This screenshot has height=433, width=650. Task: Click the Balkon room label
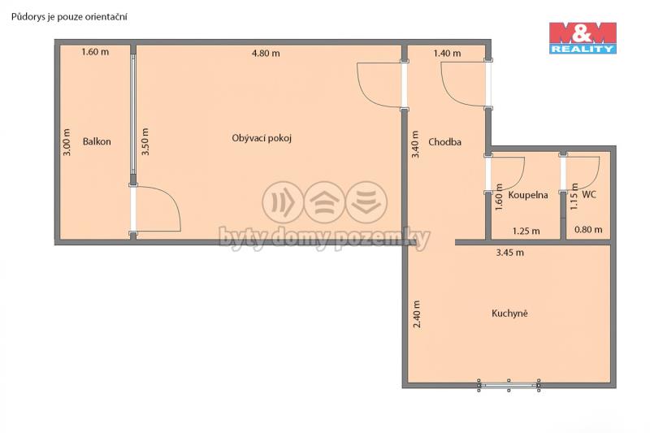click(x=97, y=141)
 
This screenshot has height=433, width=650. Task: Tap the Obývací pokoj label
click(x=262, y=138)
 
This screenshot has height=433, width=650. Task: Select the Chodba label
click(x=444, y=142)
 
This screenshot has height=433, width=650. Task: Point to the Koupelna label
click(x=527, y=195)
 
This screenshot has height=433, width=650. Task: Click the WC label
click(x=589, y=194)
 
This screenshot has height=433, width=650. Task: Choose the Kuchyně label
click(x=509, y=314)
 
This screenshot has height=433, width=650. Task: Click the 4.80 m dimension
click(x=266, y=53)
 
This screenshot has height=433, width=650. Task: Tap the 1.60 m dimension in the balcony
click(x=95, y=52)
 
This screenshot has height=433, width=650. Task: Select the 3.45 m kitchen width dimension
click(x=510, y=253)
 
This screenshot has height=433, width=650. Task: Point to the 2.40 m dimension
click(x=417, y=314)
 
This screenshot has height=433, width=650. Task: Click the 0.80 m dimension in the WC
click(x=588, y=230)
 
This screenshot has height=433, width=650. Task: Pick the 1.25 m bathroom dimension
click(x=526, y=231)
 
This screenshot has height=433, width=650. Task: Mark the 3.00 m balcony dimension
click(x=67, y=142)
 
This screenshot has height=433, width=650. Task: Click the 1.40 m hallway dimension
click(x=447, y=53)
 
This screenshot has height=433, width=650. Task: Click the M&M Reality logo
click(x=583, y=38)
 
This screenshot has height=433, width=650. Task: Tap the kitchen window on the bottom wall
click(x=509, y=385)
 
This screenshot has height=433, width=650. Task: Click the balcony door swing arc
click(x=169, y=197)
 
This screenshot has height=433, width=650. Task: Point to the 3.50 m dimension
click(x=145, y=141)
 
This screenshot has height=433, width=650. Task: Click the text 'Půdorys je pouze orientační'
click(x=69, y=17)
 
